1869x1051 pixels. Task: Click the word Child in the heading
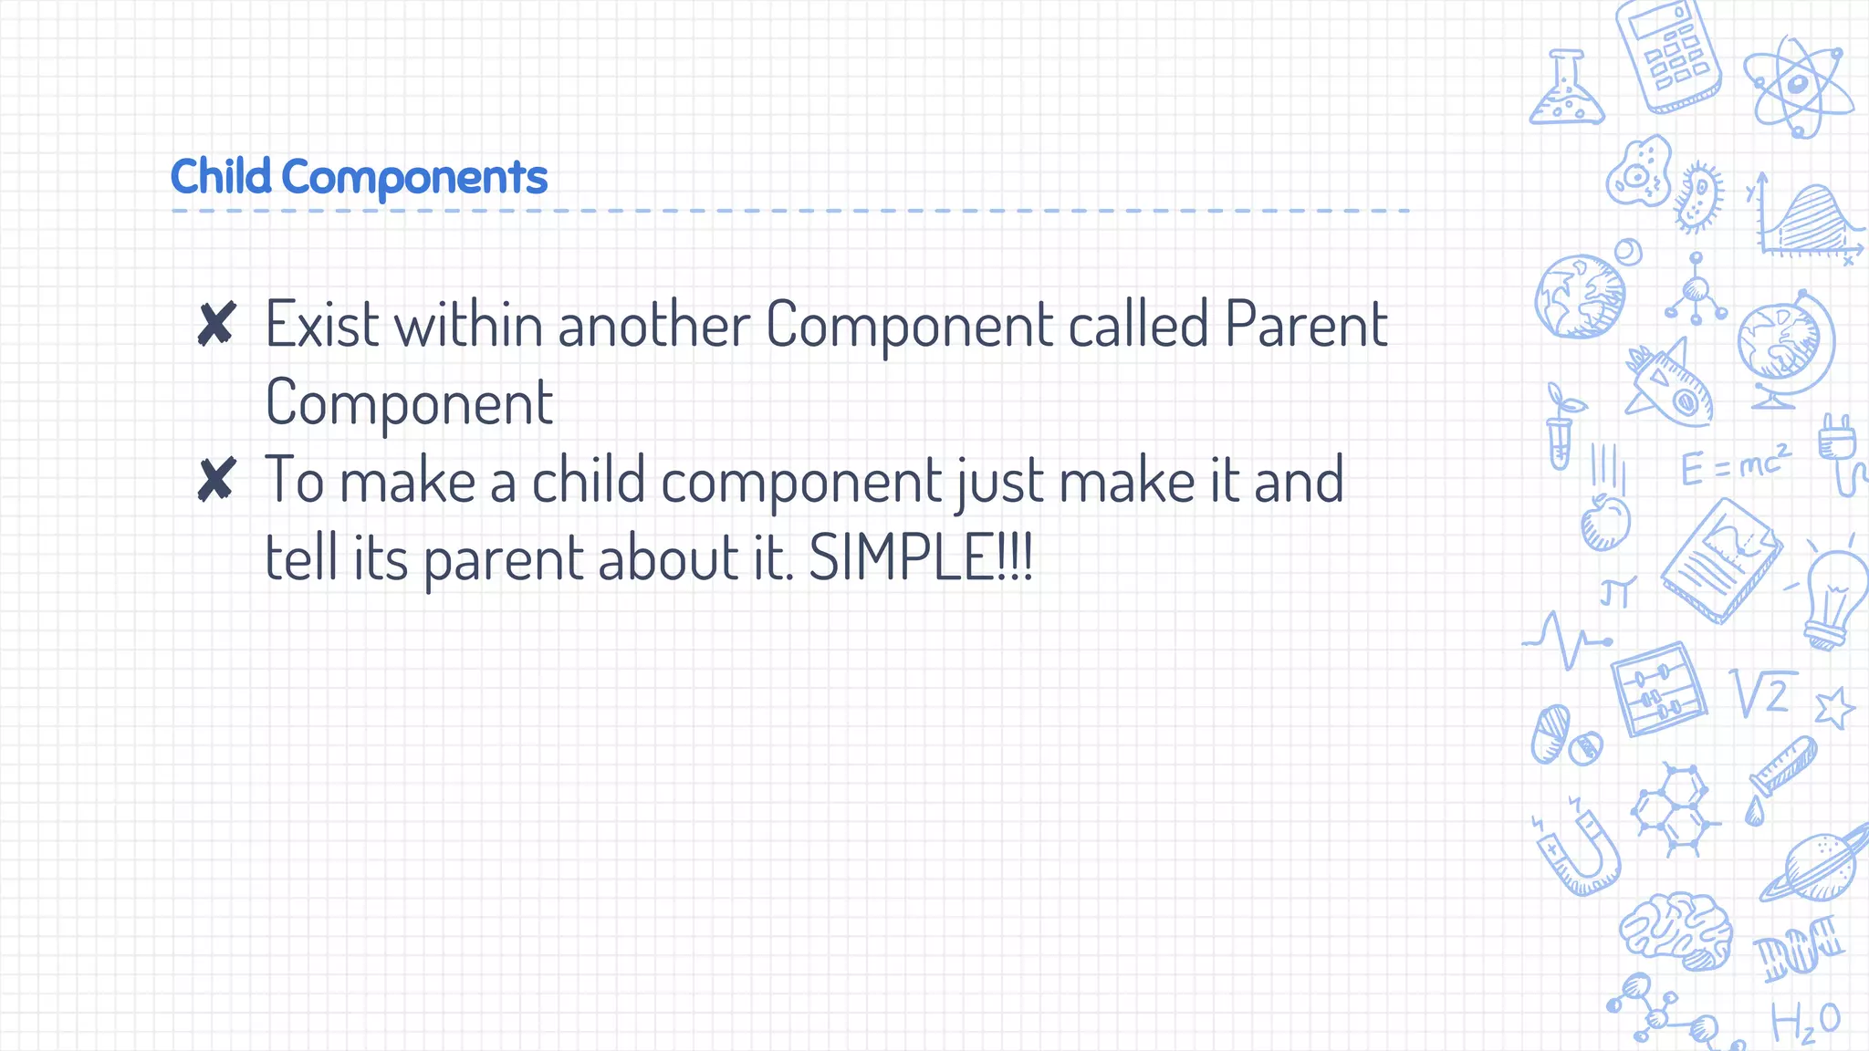[x=221, y=176]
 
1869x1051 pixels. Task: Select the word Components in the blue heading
[x=414, y=178]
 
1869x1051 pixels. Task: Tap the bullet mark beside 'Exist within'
[x=216, y=325]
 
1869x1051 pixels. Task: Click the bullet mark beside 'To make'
[x=216, y=480]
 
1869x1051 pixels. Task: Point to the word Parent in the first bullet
[x=1306, y=324]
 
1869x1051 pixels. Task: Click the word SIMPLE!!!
[x=921, y=557]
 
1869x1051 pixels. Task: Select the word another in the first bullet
[x=654, y=325]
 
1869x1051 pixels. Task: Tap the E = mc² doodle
[x=1735, y=465]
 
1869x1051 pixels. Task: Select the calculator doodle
[x=1669, y=57]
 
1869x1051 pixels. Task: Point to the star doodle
[x=1834, y=707]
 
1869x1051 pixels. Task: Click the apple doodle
[x=1605, y=522]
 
